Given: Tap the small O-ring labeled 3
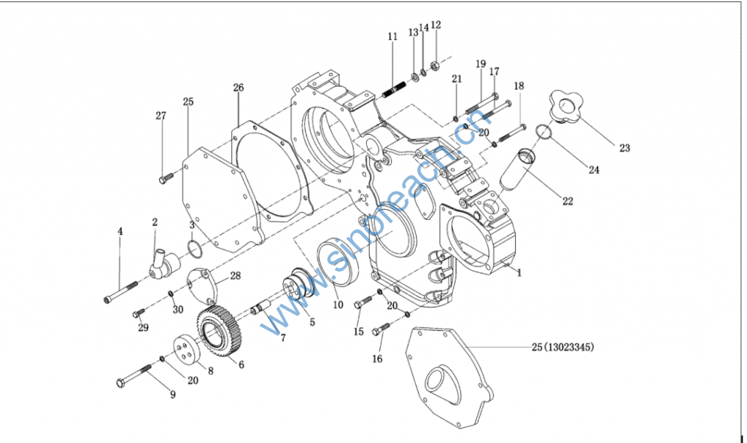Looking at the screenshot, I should pyautogui.click(x=194, y=249).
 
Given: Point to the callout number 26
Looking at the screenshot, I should pyautogui.click(x=238, y=87).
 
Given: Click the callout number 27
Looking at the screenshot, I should pyautogui.click(x=160, y=115).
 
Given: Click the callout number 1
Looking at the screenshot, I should pyautogui.click(x=519, y=273).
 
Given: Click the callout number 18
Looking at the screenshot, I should pyautogui.click(x=519, y=86).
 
